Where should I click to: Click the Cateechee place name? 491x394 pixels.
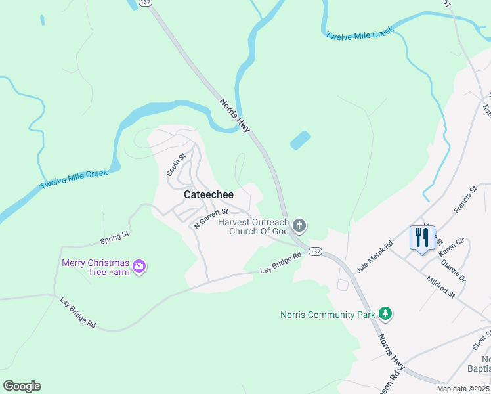tap(209, 195)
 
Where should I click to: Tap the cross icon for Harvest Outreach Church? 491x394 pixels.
tap(299, 227)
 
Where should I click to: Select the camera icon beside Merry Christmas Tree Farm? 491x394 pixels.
tap(139, 266)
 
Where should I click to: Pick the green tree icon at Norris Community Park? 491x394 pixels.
tap(386, 314)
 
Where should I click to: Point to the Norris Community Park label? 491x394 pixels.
tap(326, 315)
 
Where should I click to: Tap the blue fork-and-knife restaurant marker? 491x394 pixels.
tap(422, 237)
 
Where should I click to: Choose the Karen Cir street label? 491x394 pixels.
tap(451, 248)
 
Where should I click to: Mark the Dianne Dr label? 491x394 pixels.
tap(454, 269)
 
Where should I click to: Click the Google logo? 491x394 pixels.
tap(22, 385)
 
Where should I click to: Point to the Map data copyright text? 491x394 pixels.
tap(463, 389)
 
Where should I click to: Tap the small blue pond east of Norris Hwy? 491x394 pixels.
tap(300, 140)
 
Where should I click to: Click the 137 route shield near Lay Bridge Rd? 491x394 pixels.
tap(315, 252)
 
